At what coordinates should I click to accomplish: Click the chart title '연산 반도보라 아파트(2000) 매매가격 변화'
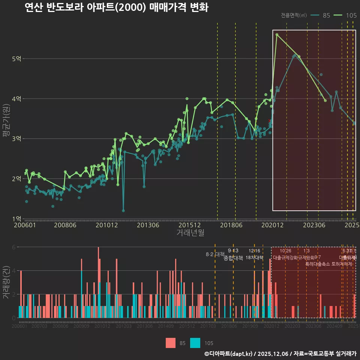pos(116,7)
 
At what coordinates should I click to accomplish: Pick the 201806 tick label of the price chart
pos(231,225)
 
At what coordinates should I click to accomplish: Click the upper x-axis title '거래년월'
pos(190,233)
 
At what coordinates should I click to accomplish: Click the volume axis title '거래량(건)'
pos(6,283)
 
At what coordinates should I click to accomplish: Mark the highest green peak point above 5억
pos(277,34)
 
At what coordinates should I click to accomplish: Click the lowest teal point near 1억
pos(123,211)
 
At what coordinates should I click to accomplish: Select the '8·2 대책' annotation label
pos(215,254)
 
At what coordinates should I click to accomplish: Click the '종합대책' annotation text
pos(233,258)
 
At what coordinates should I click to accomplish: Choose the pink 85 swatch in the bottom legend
pos(171,343)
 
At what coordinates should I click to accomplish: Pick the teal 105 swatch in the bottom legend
pos(195,343)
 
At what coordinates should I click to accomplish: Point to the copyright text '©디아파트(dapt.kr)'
pos(228,354)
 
